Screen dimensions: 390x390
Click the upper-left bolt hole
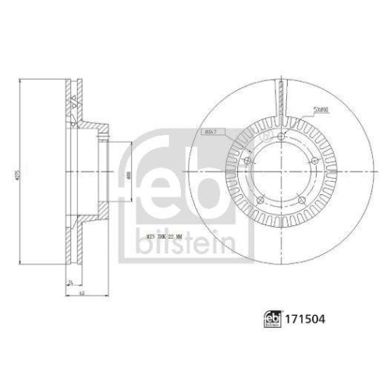(x=246, y=161)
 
